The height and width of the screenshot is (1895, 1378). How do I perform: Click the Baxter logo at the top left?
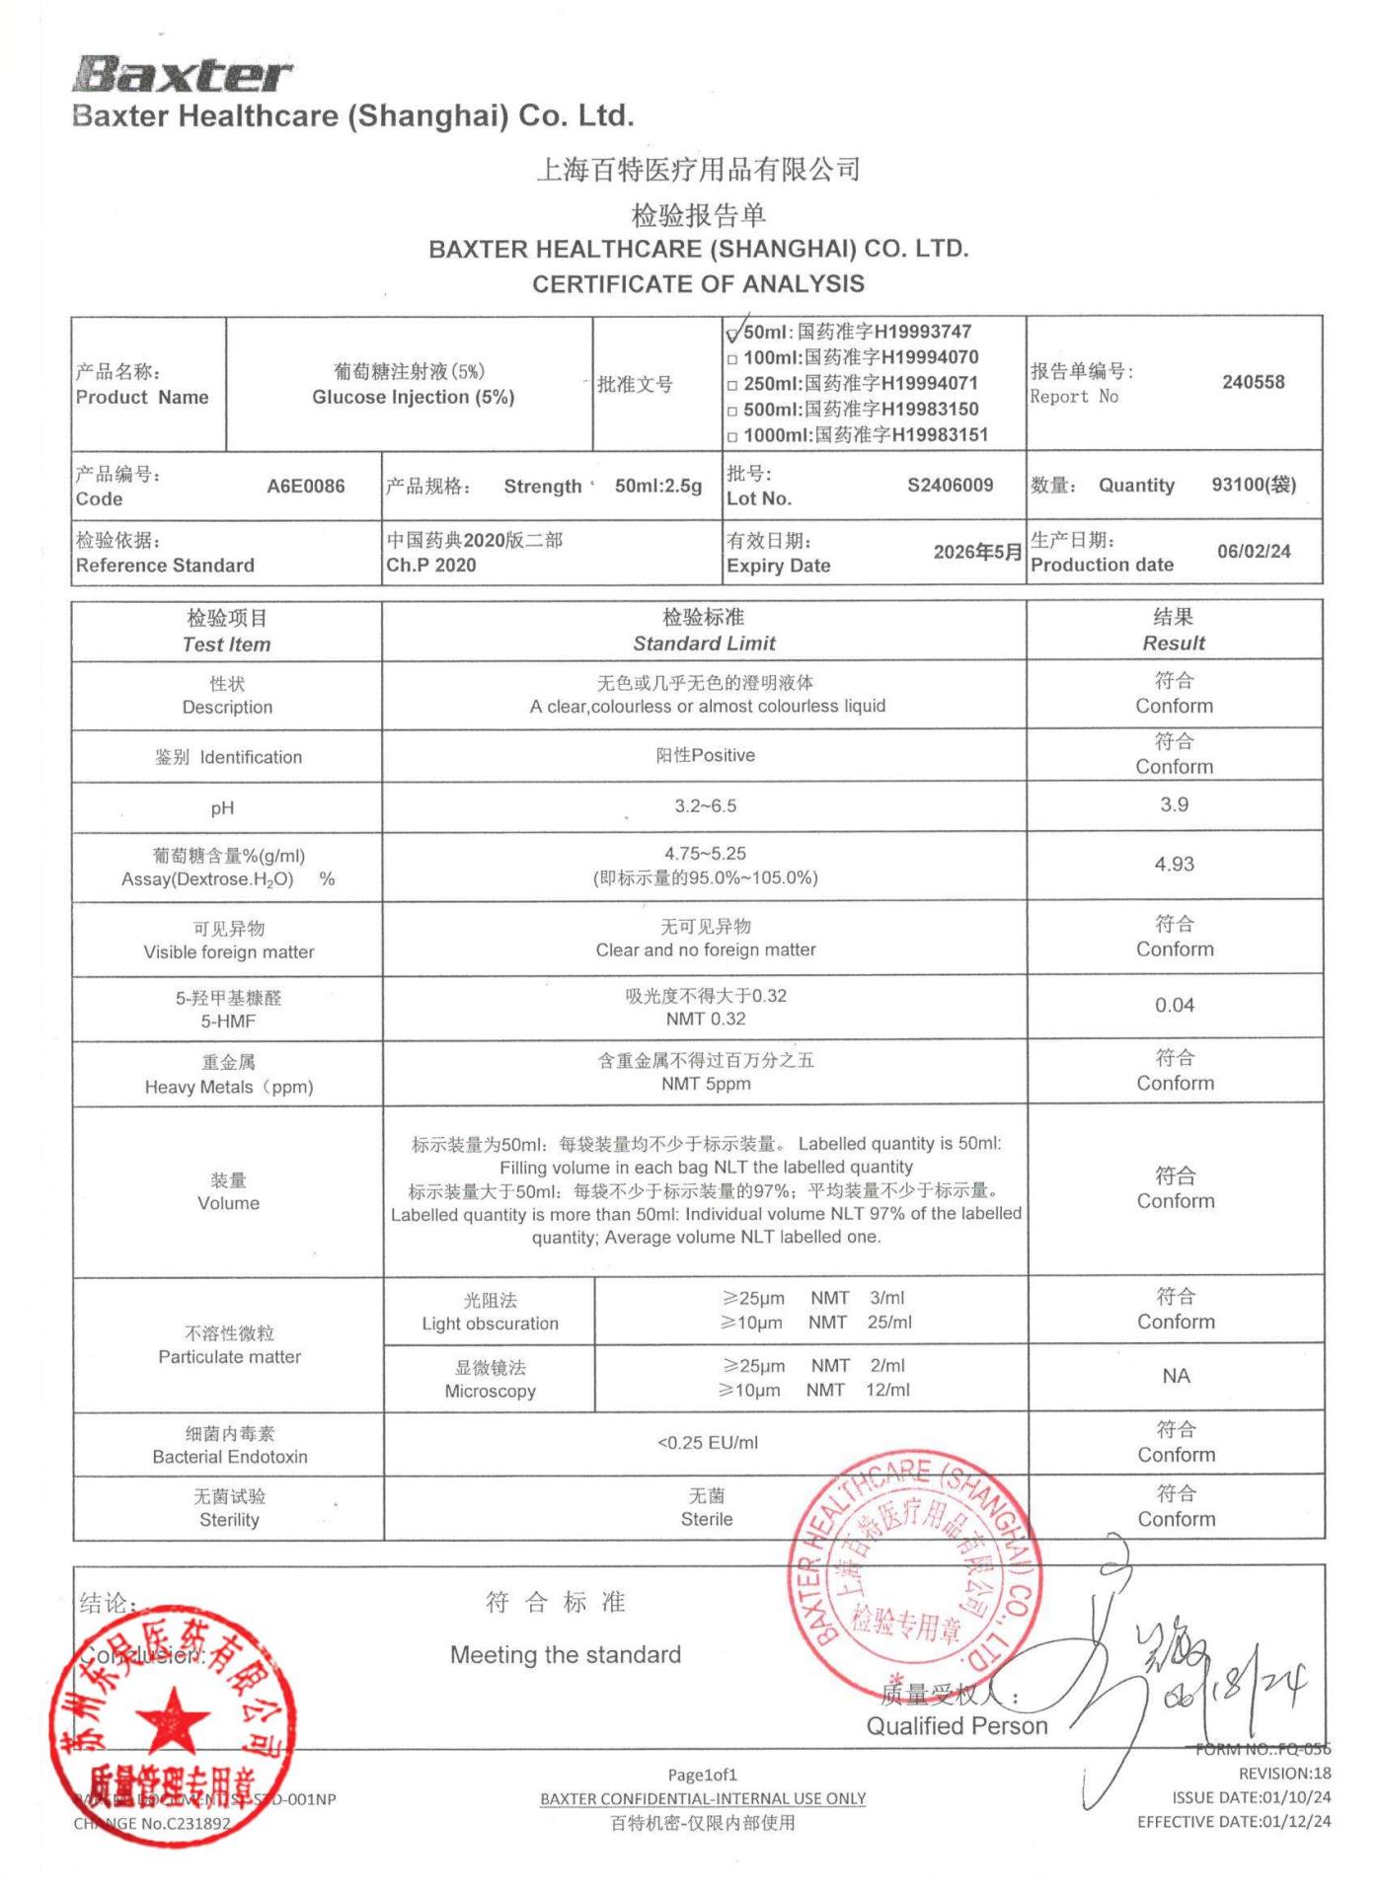point(183,74)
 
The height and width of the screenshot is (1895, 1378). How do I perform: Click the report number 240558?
point(1253,382)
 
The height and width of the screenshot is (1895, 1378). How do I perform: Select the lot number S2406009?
point(950,485)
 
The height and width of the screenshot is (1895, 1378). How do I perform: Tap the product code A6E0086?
point(306,486)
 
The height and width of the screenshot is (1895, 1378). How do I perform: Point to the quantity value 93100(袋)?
point(1254,485)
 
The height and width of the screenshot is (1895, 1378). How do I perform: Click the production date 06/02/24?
point(1254,551)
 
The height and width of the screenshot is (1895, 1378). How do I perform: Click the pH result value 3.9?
point(1174,804)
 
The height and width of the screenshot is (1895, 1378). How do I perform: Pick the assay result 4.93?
point(1174,864)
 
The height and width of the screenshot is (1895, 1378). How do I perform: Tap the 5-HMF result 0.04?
point(1174,1005)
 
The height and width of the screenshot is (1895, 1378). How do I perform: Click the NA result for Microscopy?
point(1176,1376)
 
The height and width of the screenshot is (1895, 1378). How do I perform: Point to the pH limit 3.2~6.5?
point(705,805)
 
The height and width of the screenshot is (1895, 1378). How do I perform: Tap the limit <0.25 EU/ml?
point(708,1443)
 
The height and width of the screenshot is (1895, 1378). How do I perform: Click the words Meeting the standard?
point(566,1655)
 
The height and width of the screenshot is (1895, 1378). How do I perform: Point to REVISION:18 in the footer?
point(1284,1774)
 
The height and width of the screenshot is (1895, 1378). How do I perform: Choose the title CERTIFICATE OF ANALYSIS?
point(698,284)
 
